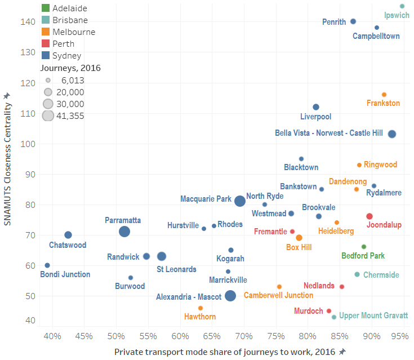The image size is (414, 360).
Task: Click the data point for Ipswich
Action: coord(402,6)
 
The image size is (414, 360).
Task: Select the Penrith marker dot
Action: coord(353,21)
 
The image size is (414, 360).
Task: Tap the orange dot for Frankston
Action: coord(384,95)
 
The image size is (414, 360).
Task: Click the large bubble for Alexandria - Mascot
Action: coord(230,296)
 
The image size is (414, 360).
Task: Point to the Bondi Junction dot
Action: coord(47,265)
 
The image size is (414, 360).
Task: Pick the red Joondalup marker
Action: coord(370,216)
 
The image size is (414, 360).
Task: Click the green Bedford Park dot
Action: coord(364,247)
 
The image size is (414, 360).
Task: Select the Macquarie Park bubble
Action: coord(240,201)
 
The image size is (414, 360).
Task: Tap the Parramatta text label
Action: coord(123,220)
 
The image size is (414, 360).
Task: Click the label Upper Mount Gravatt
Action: coord(373,315)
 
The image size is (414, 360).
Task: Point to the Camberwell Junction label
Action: coord(278,295)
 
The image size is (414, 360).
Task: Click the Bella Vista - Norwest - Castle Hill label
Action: coord(329,133)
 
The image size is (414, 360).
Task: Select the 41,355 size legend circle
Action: coord(48,115)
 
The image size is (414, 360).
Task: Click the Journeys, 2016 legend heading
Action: coord(70,68)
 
